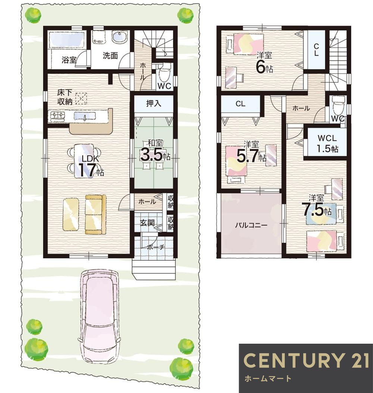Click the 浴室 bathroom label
coord(69,60)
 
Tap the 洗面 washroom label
coord(110,56)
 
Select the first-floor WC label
coord(164,86)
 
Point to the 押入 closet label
coord(154,103)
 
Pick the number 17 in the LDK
coord(86,170)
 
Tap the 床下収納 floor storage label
coord(65,96)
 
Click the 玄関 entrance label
coord(147,223)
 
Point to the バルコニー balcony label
coord(251,225)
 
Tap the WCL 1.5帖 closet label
coord(327,143)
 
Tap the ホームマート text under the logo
coord(267,378)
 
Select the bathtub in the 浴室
coord(67,40)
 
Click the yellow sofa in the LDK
coord(95,214)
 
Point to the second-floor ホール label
coord(301,108)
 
